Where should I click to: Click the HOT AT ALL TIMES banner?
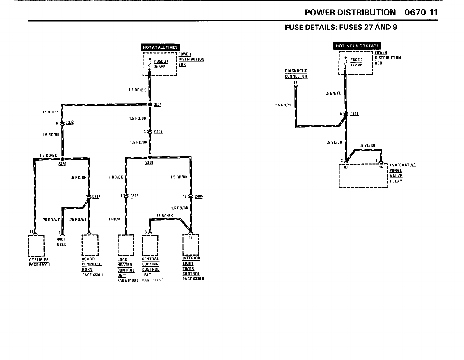point(160,47)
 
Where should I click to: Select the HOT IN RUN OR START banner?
point(357,46)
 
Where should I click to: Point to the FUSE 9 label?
point(356,60)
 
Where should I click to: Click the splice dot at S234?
point(150,104)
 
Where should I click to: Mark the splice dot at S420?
point(62,159)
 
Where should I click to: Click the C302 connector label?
point(70,123)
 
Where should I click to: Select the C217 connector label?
point(96,197)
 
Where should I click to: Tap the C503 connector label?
point(135,196)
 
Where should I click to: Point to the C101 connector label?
point(354,114)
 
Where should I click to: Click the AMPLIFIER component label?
point(39,260)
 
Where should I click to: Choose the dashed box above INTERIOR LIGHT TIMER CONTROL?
point(191,244)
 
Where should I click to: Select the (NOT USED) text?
point(62,242)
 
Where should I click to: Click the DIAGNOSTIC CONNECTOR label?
point(296,74)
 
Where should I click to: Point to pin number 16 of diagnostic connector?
point(296,83)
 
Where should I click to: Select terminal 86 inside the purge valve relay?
point(346,167)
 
